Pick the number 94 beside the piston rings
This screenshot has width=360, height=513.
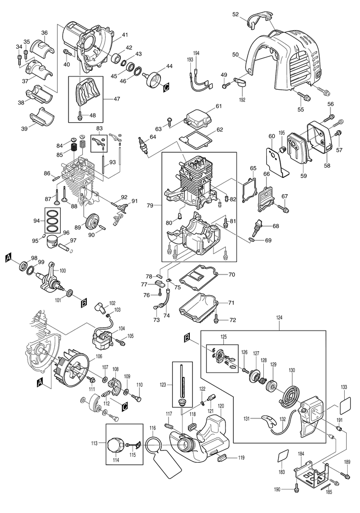point(36,221)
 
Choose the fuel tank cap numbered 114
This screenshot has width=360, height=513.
point(116,445)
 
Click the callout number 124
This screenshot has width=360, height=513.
point(280,318)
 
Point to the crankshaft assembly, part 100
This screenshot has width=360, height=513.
point(51,276)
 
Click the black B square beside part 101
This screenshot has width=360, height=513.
point(84,304)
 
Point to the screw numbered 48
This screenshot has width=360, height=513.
point(80,115)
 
